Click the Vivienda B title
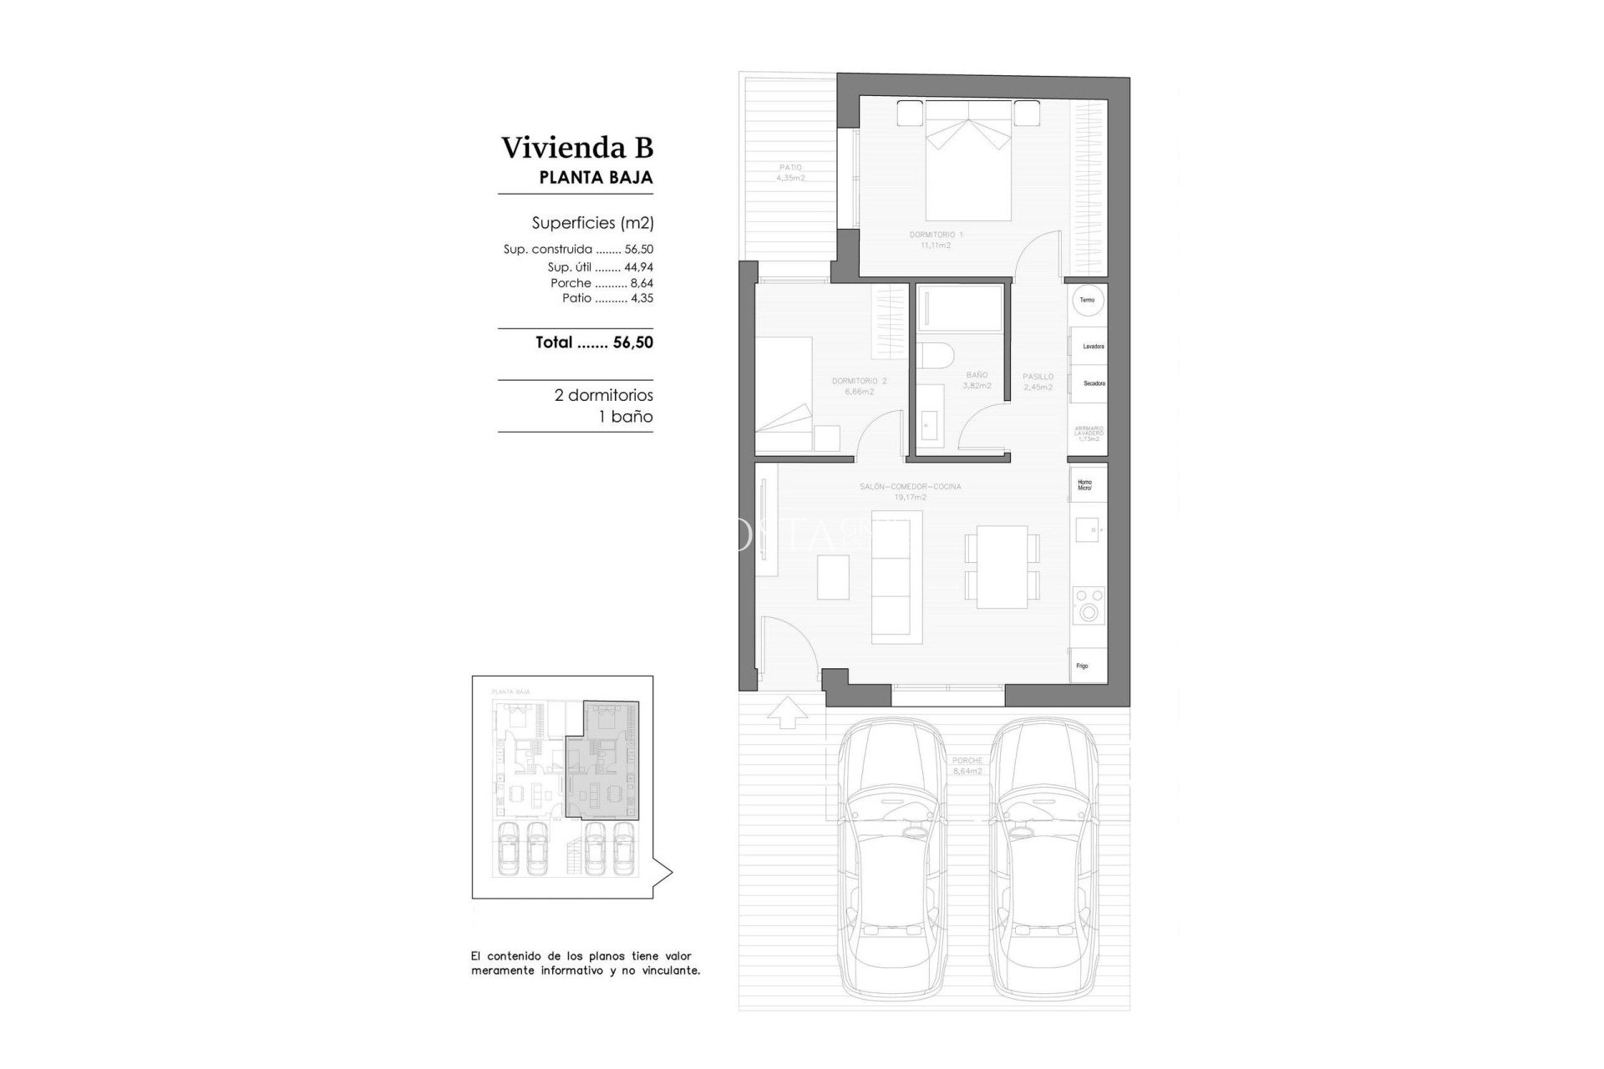(x=576, y=148)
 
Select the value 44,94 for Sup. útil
(x=638, y=267)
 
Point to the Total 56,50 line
(x=594, y=342)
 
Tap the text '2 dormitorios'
(x=603, y=395)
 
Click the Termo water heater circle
(x=1087, y=300)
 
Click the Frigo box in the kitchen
(x=1086, y=666)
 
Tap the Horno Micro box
(x=1087, y=484)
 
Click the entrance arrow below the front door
(x=786, y=712)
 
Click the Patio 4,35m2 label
(x=790, y=173)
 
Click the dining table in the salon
(x=1002, y=566)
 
